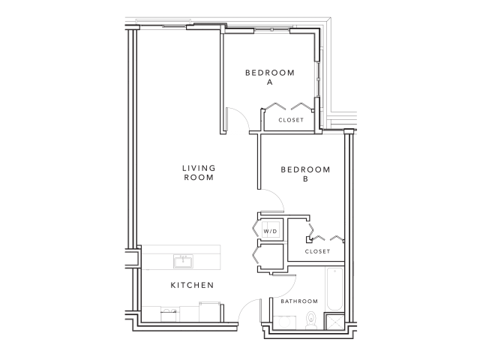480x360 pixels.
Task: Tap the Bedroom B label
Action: [305, 174]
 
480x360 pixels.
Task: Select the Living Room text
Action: [199, 172]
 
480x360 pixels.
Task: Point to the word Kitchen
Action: [192, 285]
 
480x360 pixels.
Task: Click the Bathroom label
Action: [298, 301]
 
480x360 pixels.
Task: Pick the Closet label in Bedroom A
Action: [291, 120]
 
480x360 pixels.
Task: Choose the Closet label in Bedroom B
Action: [318, 251]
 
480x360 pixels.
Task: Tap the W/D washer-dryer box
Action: [270, 231]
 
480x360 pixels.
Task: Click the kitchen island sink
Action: [182, 260]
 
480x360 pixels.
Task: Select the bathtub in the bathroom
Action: [334, 293]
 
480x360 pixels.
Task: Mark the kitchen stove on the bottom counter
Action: [170, 313]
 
